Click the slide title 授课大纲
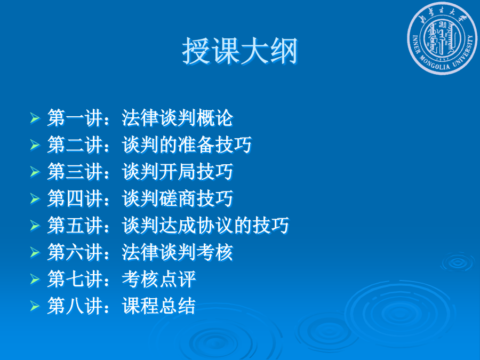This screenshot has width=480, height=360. click(x=239, y=51)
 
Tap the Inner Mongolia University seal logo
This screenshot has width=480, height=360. click(x=442, y=38)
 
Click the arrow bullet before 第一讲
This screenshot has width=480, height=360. click(x=35, y=118)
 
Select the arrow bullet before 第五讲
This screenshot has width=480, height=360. click(x=35, y=226)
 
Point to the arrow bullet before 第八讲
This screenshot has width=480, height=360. click(x=35, y=306)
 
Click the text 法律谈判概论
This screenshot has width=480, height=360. click(x=177, y=118)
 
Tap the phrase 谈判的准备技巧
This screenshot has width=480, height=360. click(x=187, y=145)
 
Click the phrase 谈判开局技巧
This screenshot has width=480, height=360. click(x=177, y=171)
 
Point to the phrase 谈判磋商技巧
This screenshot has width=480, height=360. click(x=177, y=198)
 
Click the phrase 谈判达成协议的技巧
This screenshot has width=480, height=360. click(x=205, y=226)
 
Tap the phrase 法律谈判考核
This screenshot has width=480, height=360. click(x=177, y=252)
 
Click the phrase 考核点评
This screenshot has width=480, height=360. click(x=158, y=279)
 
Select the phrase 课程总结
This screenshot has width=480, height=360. click(x=158, y=306)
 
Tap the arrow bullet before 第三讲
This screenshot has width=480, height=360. click(x=35, y=171)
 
